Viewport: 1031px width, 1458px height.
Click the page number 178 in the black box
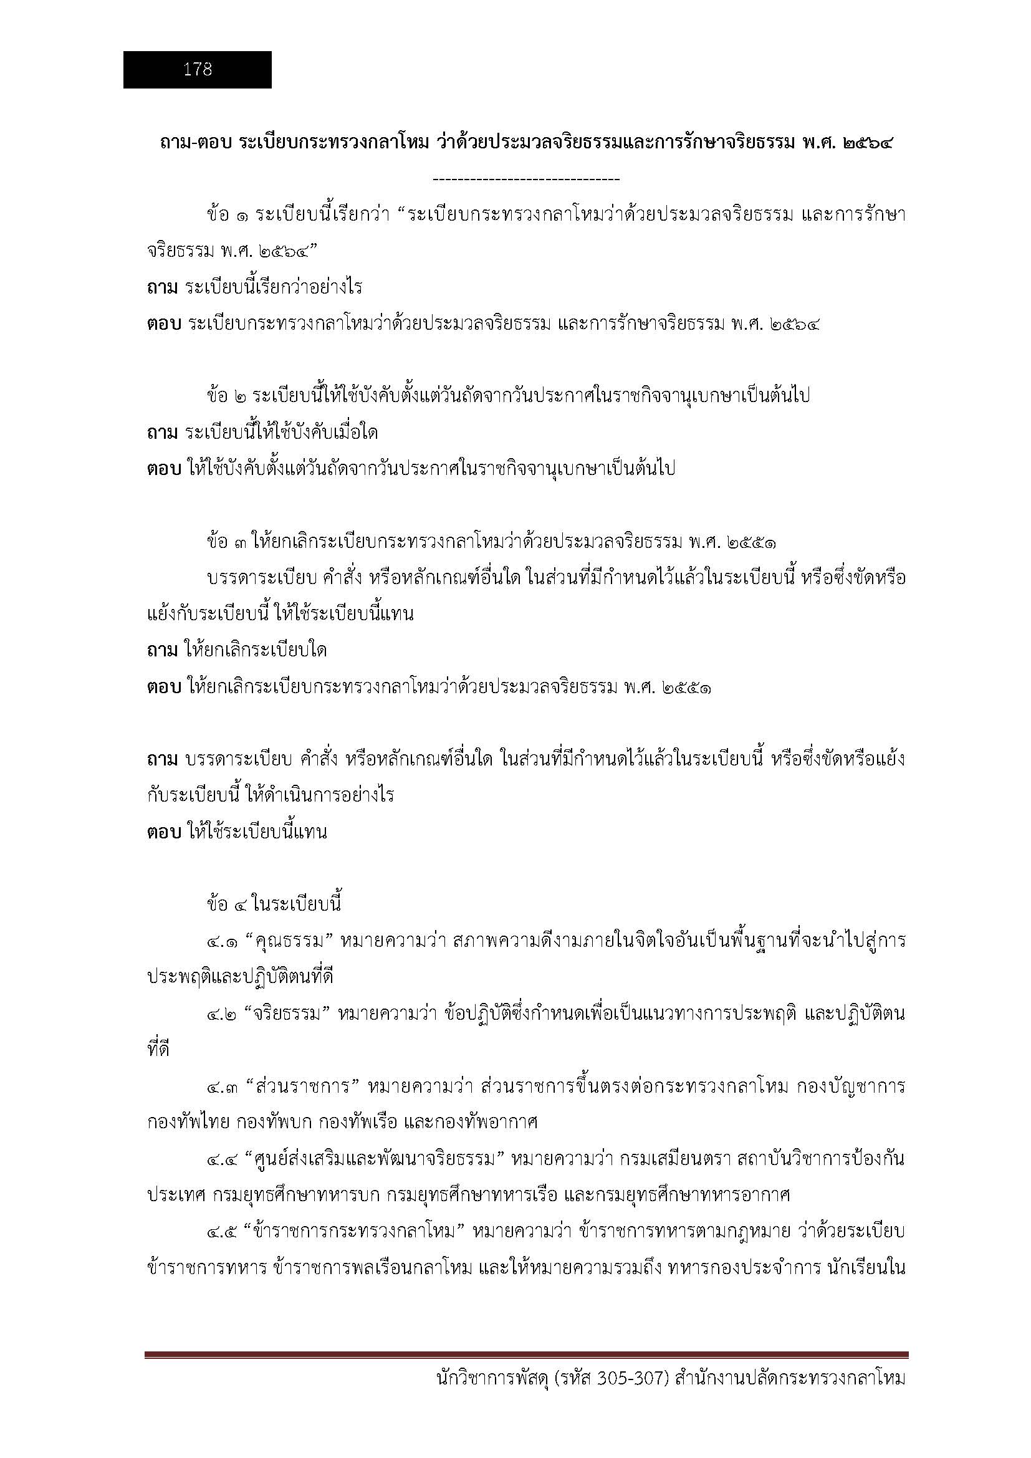tap(198, 69)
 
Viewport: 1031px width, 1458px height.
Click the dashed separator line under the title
tap(525, 180)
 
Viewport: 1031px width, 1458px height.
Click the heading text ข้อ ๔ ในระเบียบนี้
tap(274, 904)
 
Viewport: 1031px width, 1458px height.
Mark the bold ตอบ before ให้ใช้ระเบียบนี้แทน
tap(165, 832)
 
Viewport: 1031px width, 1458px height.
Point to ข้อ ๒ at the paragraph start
tap(227, 396)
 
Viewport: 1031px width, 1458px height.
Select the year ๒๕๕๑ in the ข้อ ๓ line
tap(753, 542)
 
